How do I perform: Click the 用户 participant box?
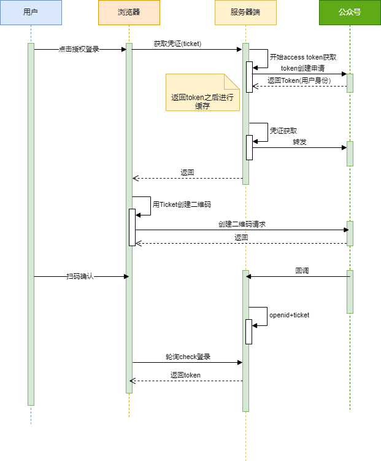click(31, 12)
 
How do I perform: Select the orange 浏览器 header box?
click(129, 12)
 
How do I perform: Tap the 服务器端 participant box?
click(245, 12)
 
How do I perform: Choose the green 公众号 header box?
click(350, 12)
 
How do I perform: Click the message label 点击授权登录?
click(79, 49)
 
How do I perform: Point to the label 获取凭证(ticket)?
click(178, 44)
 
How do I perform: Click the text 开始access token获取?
click(302, 56)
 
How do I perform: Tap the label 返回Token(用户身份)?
click(299, 80)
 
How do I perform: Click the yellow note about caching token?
click(202, 93)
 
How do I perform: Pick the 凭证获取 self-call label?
click(283, 131)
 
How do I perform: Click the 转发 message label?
click(299, 142)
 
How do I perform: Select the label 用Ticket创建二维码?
click(182, 204)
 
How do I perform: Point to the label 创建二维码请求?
click(242, 225)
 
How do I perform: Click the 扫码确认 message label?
click(80, 276)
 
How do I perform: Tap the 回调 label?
click(301, 270)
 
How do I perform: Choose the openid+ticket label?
click(289, 315)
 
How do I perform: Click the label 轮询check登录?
click(187, 357)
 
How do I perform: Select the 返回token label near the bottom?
click(185, 375)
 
